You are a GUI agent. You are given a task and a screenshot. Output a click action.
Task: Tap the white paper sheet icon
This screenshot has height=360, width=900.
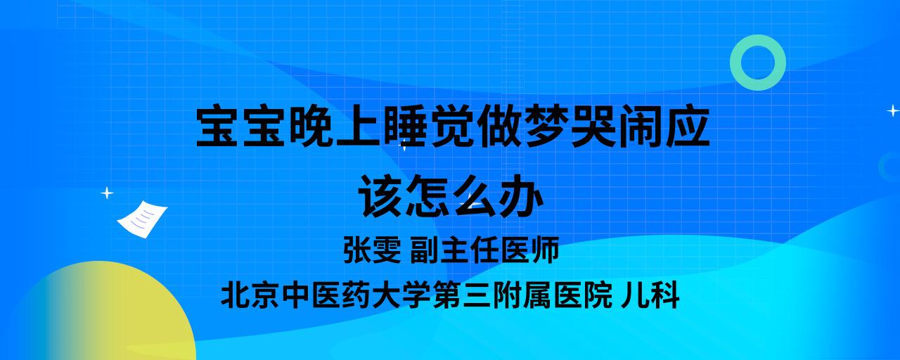pyautogui.click(x=142, y=219)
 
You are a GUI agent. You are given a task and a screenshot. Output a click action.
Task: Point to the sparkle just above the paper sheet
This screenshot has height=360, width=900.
pyautogui.click(x=107, y=193)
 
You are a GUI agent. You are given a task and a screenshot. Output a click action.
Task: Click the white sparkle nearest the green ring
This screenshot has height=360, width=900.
pyautogui.click(x=893, y=110)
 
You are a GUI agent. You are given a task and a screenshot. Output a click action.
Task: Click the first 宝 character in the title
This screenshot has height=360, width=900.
pyautogui.click(x=218, y=126)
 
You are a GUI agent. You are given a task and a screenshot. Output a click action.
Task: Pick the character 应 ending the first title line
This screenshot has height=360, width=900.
pyautogui.click(x=687, y=126)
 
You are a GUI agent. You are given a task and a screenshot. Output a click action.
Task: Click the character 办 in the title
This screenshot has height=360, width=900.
pyautogui.click(x=521, y=196)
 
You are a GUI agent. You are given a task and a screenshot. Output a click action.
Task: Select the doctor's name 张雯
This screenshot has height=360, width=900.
pyautogui.click(x=372, y=250)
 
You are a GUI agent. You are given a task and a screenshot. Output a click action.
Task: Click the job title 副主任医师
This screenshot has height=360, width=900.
pyautogui.click(x=484, y=250)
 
